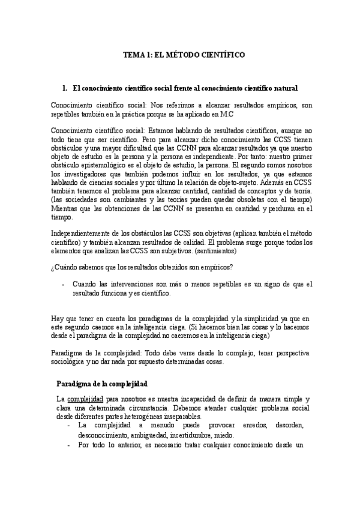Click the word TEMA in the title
132,53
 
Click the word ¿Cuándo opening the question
66,267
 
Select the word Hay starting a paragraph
58,317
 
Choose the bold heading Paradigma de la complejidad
102,383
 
